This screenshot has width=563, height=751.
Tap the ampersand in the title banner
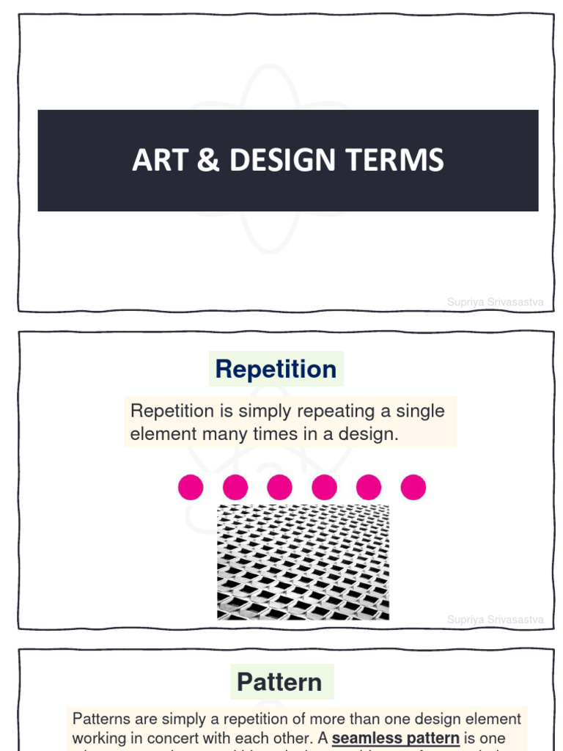click(209, 161)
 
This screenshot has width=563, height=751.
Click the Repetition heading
click(276, 369)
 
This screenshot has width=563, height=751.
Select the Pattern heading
click(279, 682)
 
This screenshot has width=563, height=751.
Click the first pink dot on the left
click(191, 487)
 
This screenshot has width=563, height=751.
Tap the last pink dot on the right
click(413, 487)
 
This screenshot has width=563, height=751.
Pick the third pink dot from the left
click(279, 487)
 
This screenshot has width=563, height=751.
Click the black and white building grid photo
click(303, 562)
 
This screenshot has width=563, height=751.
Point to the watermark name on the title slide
click(496, 301)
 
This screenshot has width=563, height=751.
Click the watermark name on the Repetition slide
click(496, 620)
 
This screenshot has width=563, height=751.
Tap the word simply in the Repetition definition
click(265, 411)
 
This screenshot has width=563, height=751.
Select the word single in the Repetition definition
click(421, 411)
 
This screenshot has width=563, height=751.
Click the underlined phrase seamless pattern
click(396, 738)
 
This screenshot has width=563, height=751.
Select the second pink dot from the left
click(235, 487)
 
